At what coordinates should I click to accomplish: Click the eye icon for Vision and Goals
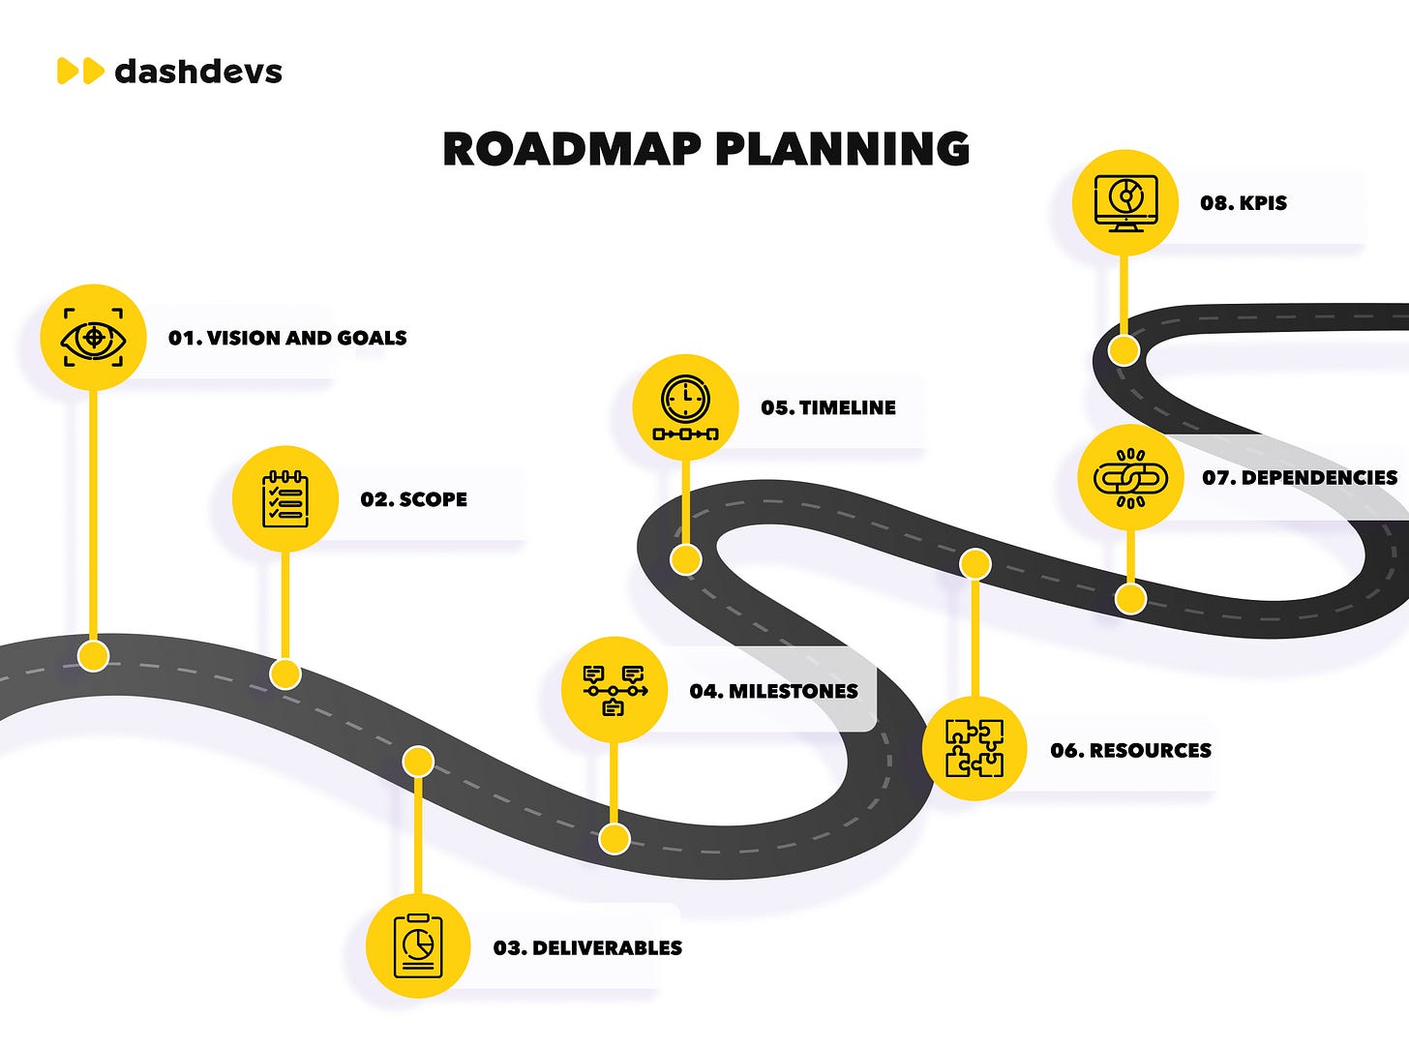click(x=93, y=338)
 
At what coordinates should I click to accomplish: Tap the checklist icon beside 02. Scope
click(x=285, y=499)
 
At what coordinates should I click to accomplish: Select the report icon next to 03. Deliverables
click(x=418, y=946)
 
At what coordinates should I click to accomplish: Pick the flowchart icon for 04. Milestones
click(x=614, y=690)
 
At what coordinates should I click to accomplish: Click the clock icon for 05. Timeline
click(x=685, y=407)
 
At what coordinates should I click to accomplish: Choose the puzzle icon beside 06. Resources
click(x=974, y=748)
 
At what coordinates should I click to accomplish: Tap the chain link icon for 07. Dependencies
click(x=1130, y=477)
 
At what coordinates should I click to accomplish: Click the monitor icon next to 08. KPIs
click(x=1124, y=202)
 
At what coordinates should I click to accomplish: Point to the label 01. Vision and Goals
click(x=287, y=338)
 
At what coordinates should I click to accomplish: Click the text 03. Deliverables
click(x=587, y=947)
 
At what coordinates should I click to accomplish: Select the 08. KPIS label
click(x=1244, y=203)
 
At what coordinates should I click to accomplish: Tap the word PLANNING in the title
click(x=842, y=149)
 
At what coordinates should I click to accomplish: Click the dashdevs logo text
click(x=198, y=71)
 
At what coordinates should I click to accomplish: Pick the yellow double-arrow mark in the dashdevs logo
click(x=80, y=71)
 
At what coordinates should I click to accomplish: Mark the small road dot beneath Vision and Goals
click(x=93, y=656)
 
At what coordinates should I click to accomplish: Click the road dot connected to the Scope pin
click(x=285, y=674)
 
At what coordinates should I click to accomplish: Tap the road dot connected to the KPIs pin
click(x=1124, y=350)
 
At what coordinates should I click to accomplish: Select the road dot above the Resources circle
click(x=974, y=563)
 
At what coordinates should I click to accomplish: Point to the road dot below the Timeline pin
click(x=685, y=559)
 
